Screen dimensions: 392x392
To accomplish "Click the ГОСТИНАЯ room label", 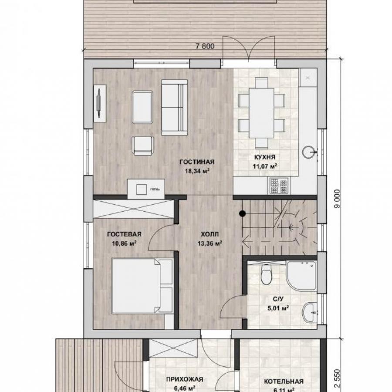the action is pyautogui.click(x=197, y=162).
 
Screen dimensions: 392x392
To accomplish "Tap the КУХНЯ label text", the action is pyautogui.click(x=265, y=157).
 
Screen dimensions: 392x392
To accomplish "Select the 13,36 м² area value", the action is pyautogui.click(x=210, y=243).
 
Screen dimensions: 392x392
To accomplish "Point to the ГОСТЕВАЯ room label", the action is pyautogui.click(x=124, y=234).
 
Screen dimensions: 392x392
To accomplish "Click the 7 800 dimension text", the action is pyautogui.click(x=205, y=46).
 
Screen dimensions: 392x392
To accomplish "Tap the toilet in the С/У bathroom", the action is pyautogui.click(x=266, y=274).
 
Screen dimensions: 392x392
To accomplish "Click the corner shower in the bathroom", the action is pyautogui.click(x=301, y=276).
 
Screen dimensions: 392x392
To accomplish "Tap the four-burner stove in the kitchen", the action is pyautogui.click(x=279, y=186).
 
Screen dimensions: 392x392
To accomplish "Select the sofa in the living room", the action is pyautogui.click(x=174, y=108).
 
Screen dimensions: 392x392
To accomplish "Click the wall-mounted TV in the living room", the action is pyautogui.click(x=99, y=103).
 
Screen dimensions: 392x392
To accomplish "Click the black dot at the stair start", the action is pyautogui.click(x=242, y=213).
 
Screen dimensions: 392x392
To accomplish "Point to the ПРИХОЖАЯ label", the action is pyautogui.click(x=185, y=379).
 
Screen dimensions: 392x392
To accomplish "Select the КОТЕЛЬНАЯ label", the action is pyautogui.click(x=284, y=382).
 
